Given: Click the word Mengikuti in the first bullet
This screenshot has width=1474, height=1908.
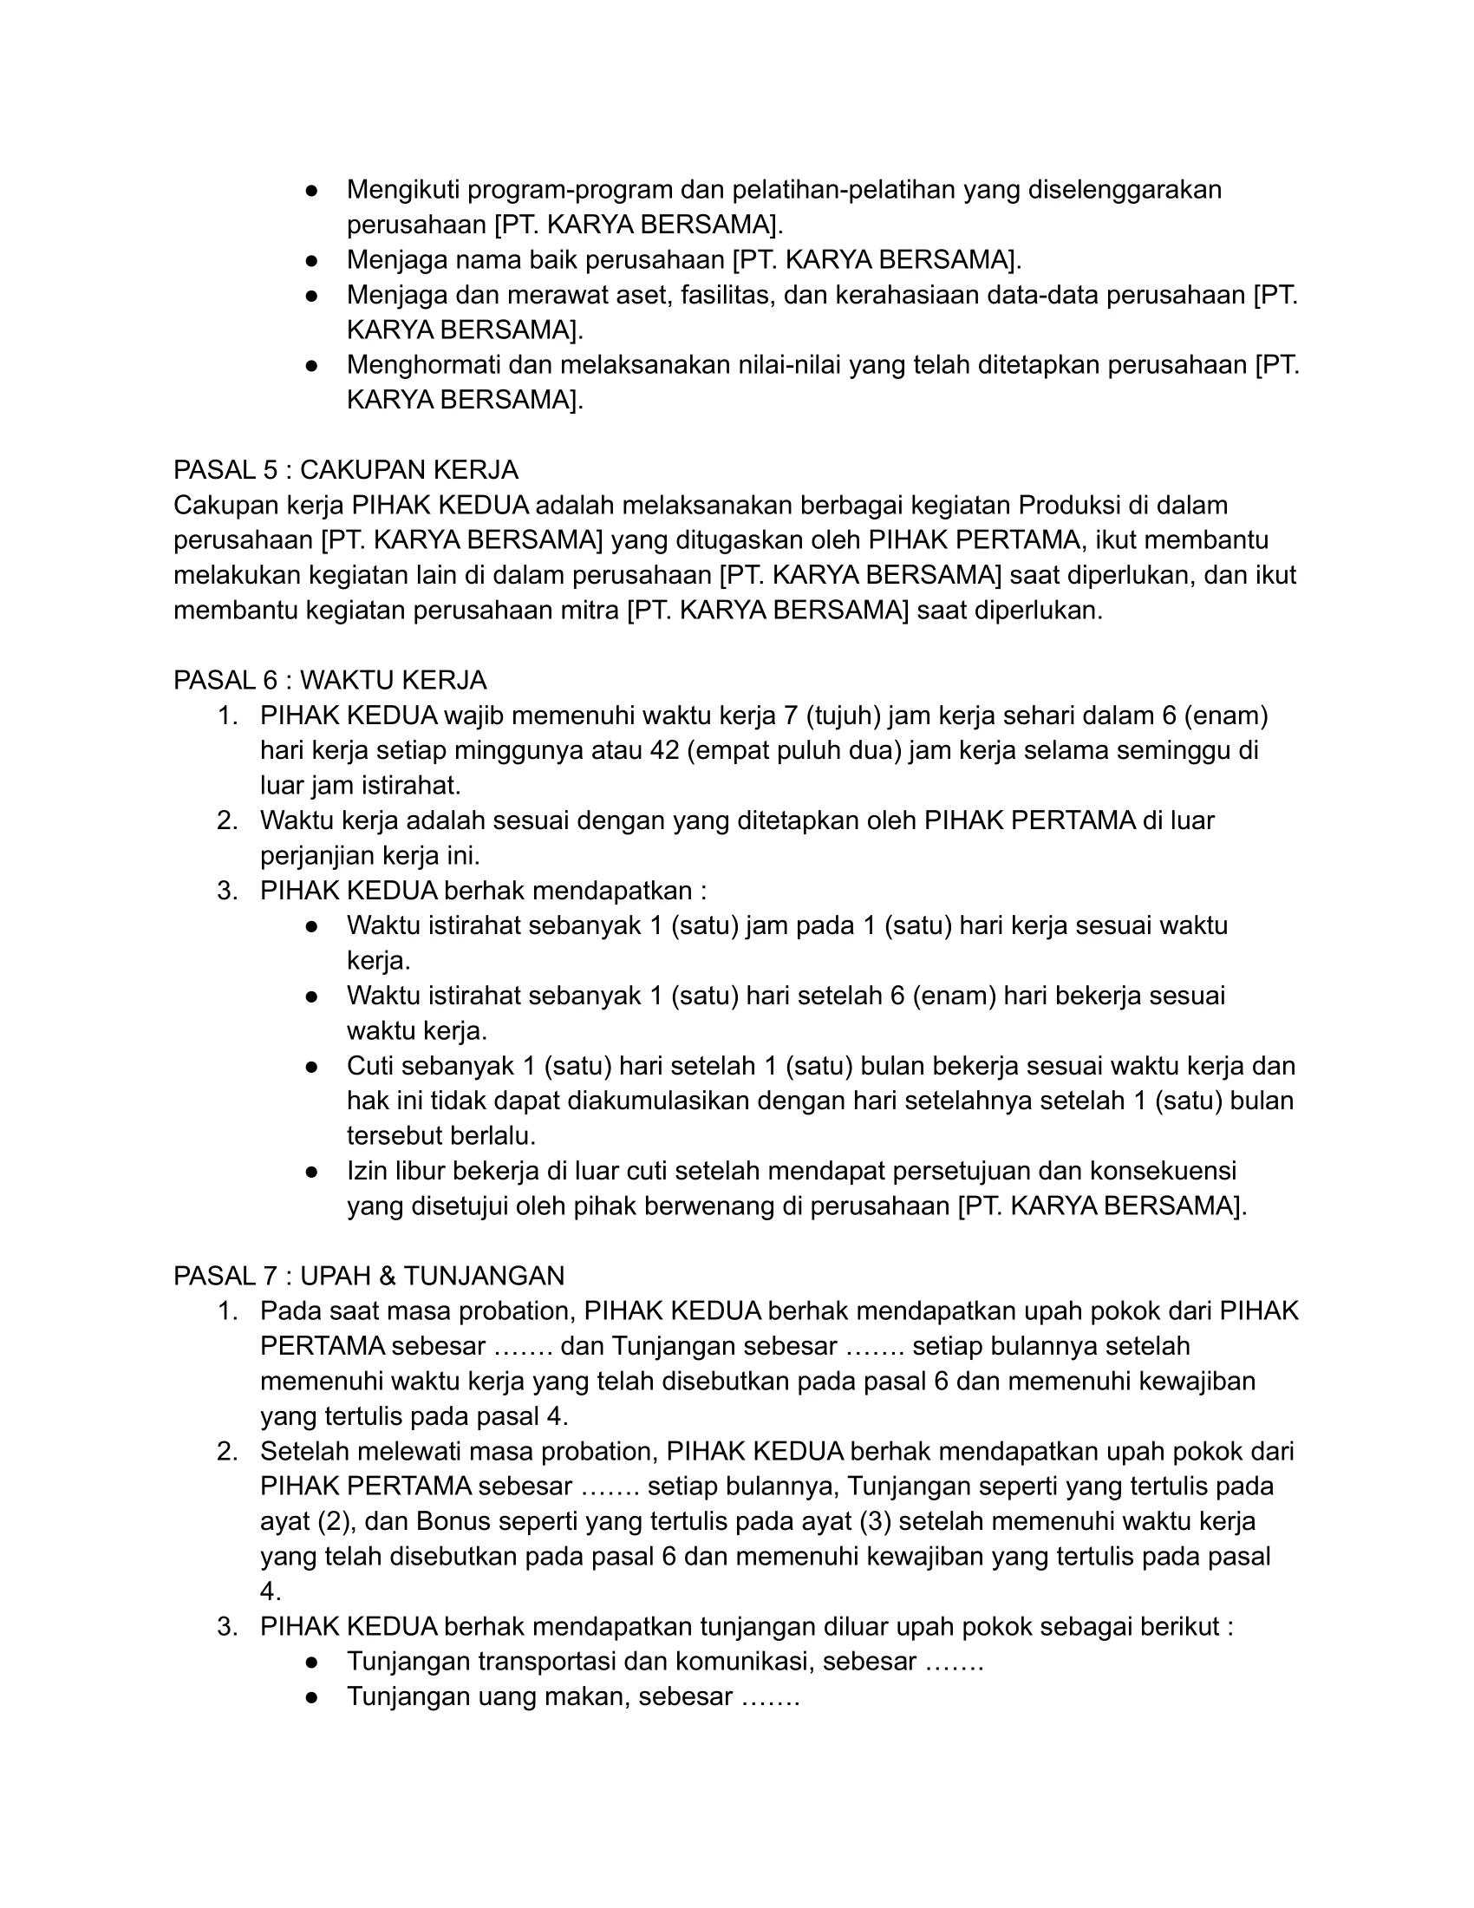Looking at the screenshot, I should [x=404, y=190].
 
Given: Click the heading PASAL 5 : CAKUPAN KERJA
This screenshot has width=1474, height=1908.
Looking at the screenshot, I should [x=346, y=470].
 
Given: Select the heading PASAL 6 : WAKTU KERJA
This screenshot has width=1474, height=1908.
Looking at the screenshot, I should [x=330, y=681].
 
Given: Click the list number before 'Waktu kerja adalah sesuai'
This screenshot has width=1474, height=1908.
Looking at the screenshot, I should [x=227, y=821].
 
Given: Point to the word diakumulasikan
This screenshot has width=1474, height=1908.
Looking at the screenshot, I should [x=658, y=1101].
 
